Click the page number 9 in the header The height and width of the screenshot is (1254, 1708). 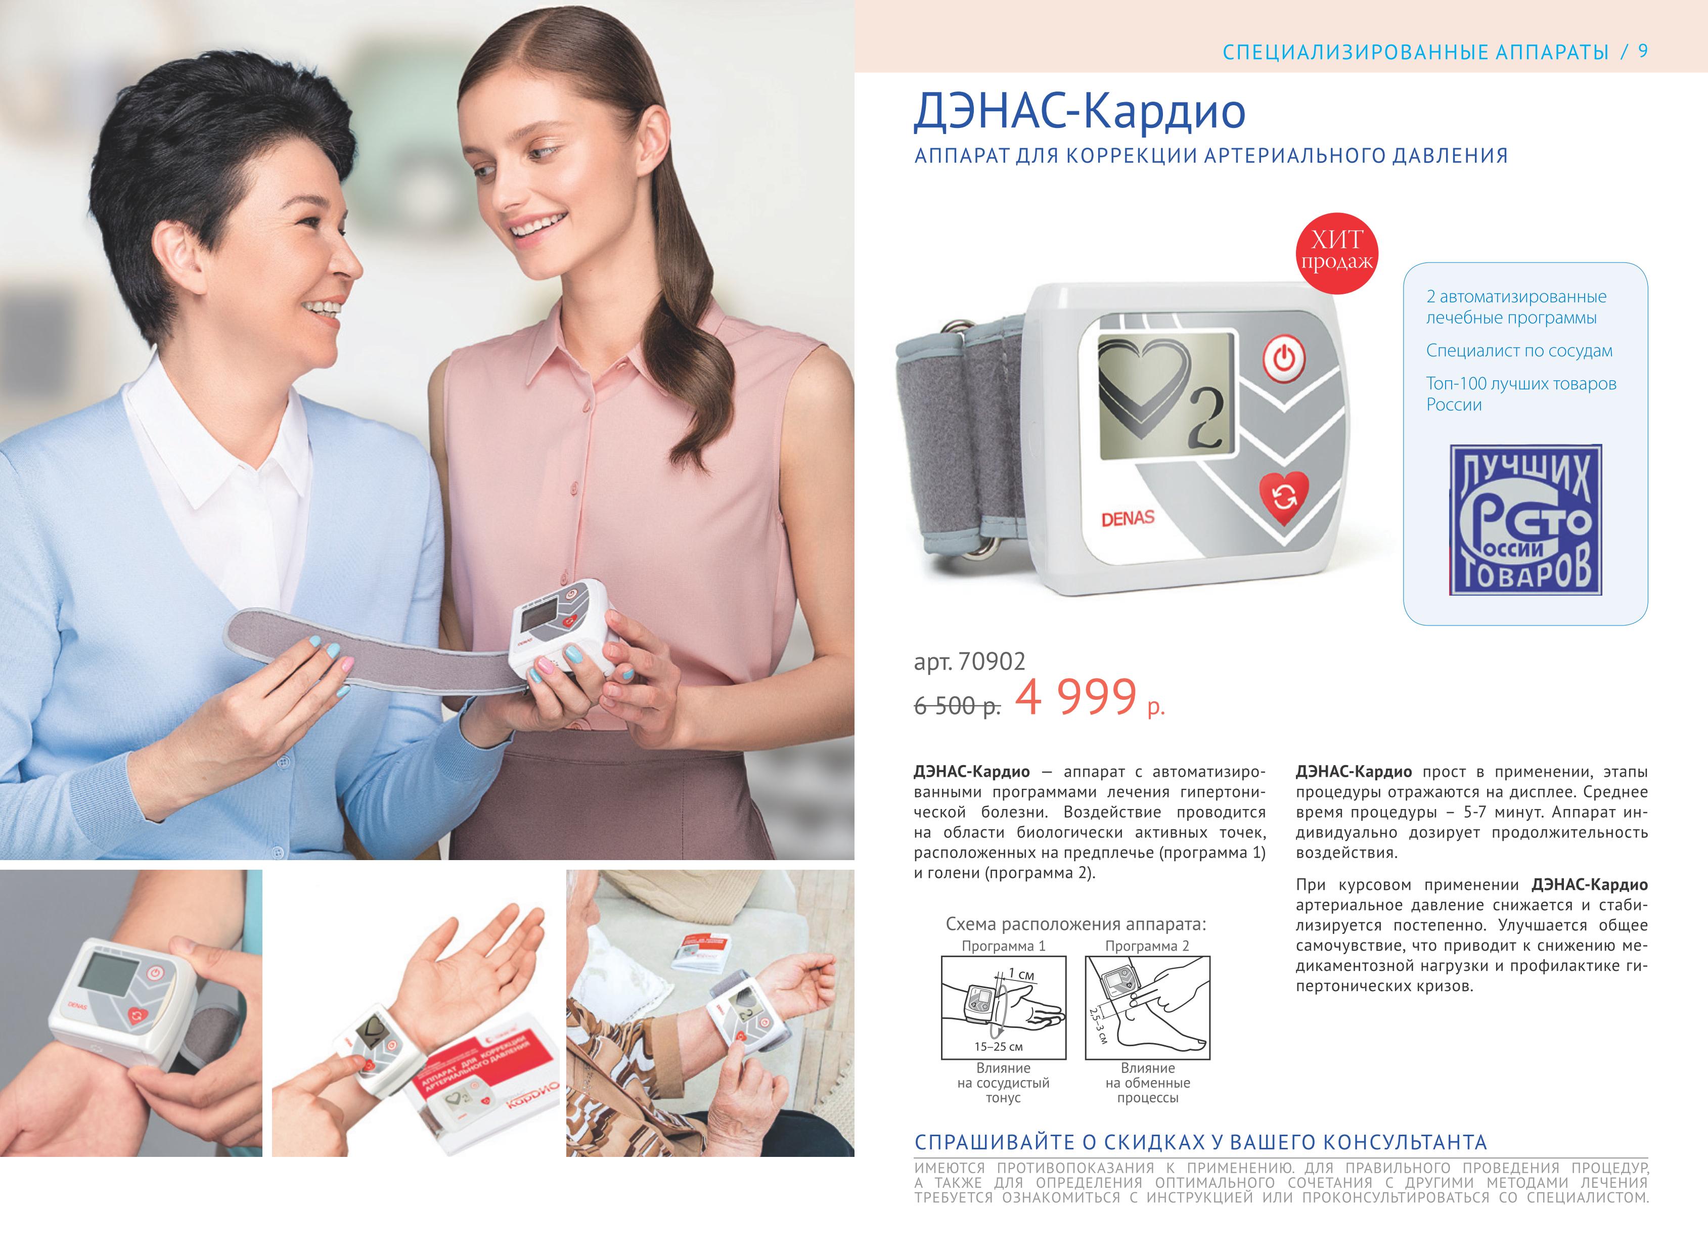point(1643,51)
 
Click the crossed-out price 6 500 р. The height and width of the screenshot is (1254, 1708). point(957,706)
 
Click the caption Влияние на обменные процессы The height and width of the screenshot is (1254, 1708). point(1148,1083)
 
